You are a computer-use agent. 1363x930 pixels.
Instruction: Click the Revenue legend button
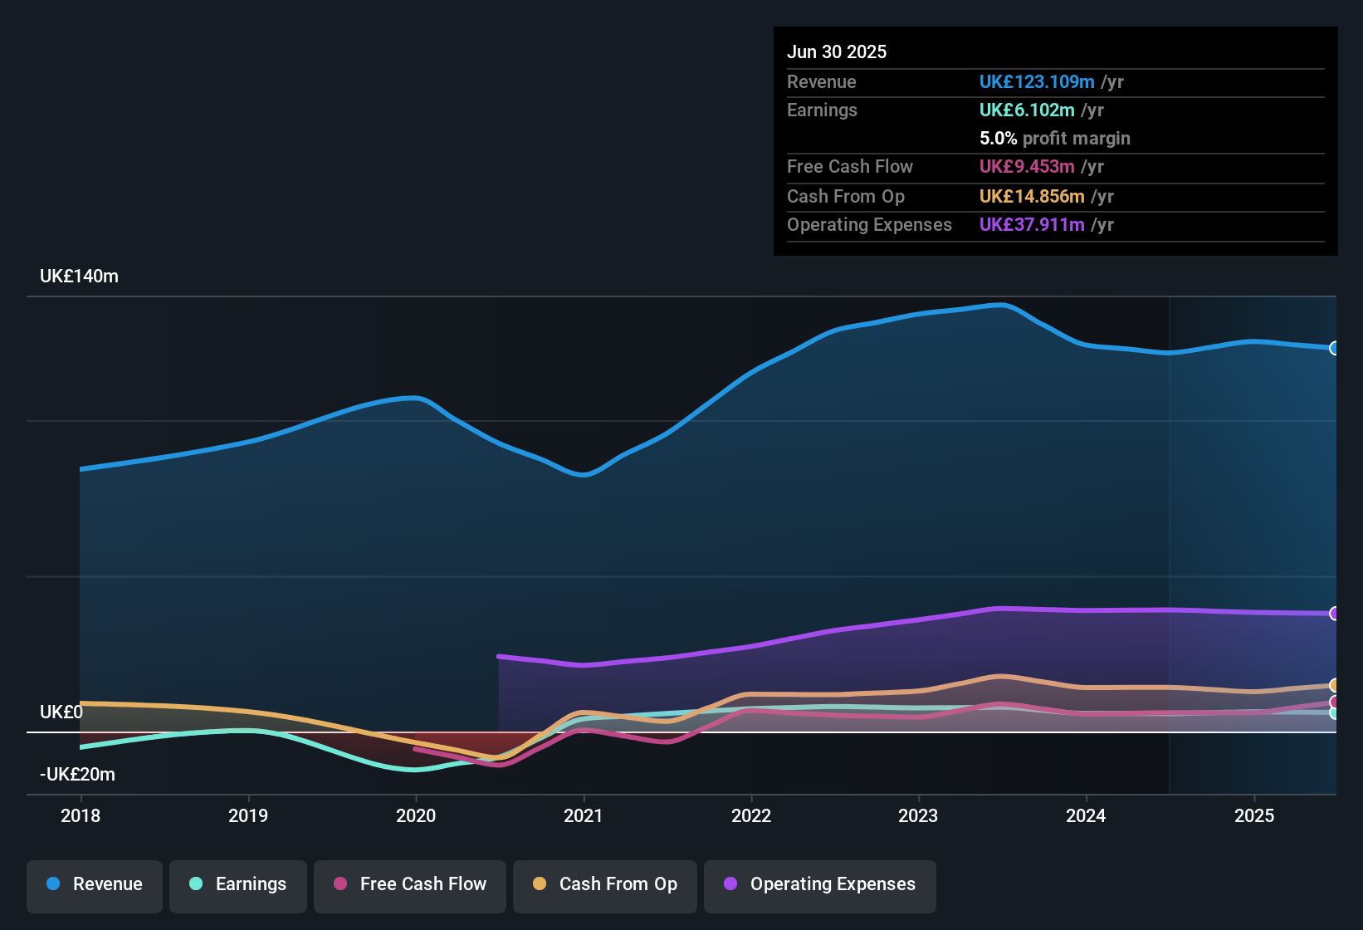(95, 884)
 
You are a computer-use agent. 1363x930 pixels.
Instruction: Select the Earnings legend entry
(238, 884)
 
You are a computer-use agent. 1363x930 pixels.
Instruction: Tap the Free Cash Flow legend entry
(410, 884)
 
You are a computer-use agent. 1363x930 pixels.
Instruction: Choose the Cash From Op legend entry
(605, 884)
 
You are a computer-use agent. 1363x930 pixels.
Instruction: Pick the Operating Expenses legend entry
(820, 884)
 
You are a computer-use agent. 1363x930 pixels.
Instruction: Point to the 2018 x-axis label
(81, 815)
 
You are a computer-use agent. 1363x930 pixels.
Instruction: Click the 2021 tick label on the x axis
(583, 815)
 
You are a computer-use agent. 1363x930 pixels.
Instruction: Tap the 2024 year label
(1085, 815)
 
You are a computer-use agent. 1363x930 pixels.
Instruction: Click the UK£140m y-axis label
(79, 277)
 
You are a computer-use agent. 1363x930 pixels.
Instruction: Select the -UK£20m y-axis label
(77, 775)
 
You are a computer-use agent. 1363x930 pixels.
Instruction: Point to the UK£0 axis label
(61, 712)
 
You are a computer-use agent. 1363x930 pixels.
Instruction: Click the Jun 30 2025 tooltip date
(837, 52)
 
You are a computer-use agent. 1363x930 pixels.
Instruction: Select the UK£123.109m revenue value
(1036, 82)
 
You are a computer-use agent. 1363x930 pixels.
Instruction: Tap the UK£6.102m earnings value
(1027, 110)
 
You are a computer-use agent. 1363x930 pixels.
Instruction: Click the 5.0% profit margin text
(1054, 139)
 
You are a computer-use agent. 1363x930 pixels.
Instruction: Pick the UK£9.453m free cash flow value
(1027, 167)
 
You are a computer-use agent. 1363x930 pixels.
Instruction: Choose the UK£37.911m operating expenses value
(1032, 225)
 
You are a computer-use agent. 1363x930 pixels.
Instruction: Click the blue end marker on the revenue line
(1334, 348)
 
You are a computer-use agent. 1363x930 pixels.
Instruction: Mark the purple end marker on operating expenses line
(1334, 614)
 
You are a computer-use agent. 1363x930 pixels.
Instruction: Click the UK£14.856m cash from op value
(1032, 197)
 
